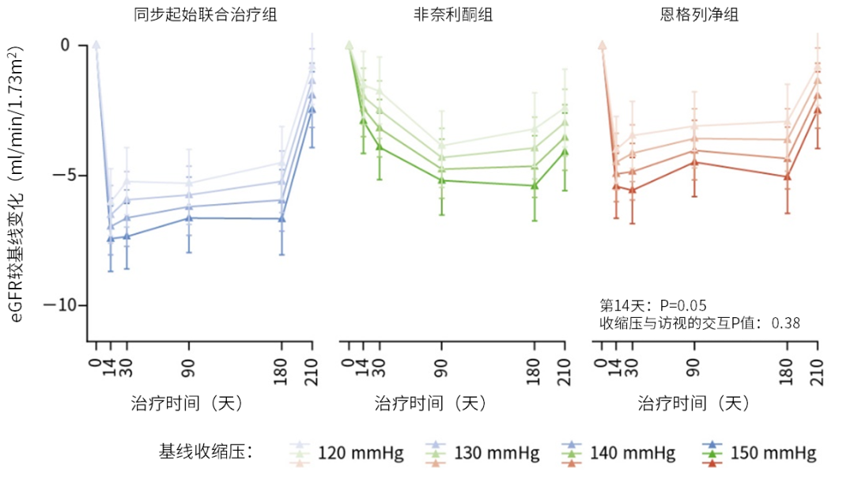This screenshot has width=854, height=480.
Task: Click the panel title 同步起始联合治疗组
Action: click(x=206, y=14)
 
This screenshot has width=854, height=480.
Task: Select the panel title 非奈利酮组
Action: click(x=452, y=14)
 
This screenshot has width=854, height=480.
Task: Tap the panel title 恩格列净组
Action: click(x=699, y=14)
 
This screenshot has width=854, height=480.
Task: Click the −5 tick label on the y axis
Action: click(x=65, y=176)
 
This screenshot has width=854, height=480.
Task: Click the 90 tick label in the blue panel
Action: click(x=188, y=369)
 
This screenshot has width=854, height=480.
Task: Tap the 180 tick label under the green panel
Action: click(x=534, y=372)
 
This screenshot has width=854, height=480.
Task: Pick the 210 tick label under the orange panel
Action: click(x=816, y=372)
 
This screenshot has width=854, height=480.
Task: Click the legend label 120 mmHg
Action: click(x=361, y=453)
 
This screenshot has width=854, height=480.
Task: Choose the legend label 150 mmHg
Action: click(x=773, y=453)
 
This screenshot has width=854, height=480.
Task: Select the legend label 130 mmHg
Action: click(x=497, y=453)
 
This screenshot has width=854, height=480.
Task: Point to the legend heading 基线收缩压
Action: click(x=206, y=452)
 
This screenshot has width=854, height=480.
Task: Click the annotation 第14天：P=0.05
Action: click(x=653, y=305)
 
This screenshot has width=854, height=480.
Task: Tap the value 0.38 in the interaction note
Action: click(x=785, y=323)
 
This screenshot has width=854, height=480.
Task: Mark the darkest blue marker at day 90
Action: click(x=189, y=218)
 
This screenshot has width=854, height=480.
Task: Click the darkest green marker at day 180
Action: click(x=535, y=186)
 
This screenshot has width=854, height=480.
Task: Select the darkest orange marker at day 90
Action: click(x=694, y=162)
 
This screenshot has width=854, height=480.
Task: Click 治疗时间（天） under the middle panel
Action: click(x=430, y=403)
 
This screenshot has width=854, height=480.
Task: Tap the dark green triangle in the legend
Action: click(x=712, y=453)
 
